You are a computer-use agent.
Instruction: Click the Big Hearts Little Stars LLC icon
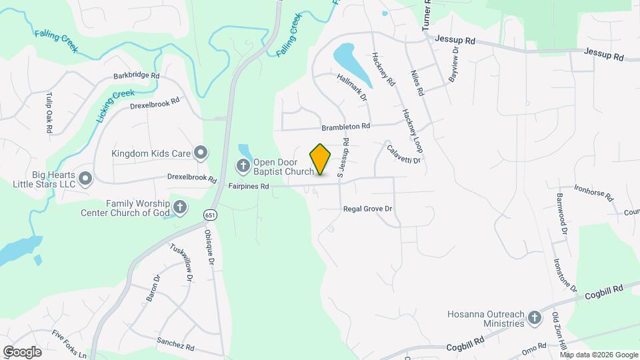pyautogui.click(x=85, y=178)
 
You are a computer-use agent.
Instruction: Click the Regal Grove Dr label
pyautogui.click(x=367, y=209)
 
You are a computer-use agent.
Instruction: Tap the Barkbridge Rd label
pyautogui.click(x=136, y=76)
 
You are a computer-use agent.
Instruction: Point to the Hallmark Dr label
pyautogui.click(x=353, y=87)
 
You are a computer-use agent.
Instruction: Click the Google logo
pyautogui.click(x=22, y=351)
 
